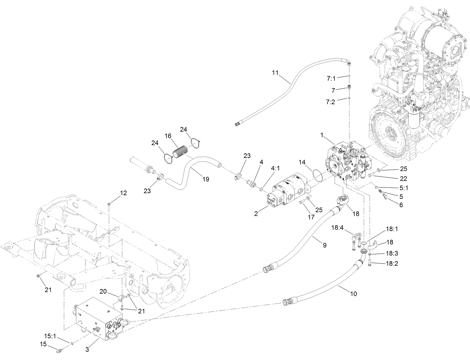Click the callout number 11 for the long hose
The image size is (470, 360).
pos(275,73)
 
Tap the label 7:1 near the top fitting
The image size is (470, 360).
pos(331,78)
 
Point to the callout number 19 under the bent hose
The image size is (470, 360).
pos(205,179)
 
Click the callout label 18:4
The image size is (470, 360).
pos(337,228)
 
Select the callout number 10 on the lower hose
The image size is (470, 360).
pos(354,294)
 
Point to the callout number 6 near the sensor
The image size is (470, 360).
pos(401,205)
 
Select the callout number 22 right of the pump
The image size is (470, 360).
pos(403,178)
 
